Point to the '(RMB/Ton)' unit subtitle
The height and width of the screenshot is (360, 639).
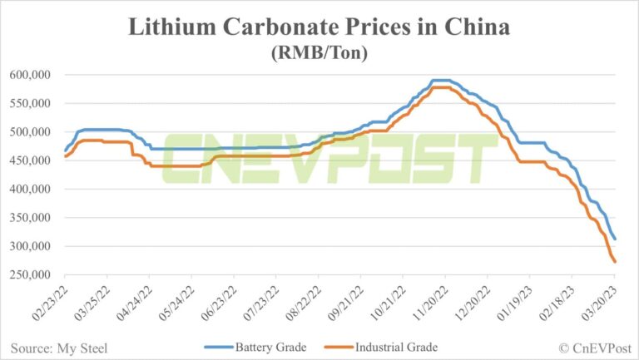coord(319,53)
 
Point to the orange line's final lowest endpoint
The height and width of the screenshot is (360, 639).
coord(615,263)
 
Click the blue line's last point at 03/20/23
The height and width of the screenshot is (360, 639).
coord(615,239)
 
